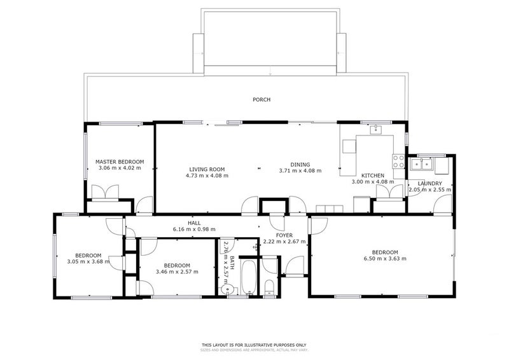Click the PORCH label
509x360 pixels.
click(x=261, y=100)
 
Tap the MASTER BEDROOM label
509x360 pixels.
click(x=120, y=162)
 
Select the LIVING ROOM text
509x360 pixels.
click(x=207, y=169)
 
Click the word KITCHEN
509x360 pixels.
click(x=373, y=175)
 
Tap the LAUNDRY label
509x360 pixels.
click(x=429, y=183)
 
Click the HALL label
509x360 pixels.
click(x=194, y=223)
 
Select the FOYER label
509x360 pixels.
click(x=284, y=235)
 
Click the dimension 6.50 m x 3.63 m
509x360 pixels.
click(x=385, y=258)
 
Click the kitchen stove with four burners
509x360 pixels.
click(x=399, y=162)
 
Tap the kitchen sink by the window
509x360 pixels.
click(x=375, y=132)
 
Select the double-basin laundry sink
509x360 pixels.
click(x=422, y=165)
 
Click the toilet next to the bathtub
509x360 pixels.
click(x=269, y=287)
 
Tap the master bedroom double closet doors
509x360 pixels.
click(x=104, y=192)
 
